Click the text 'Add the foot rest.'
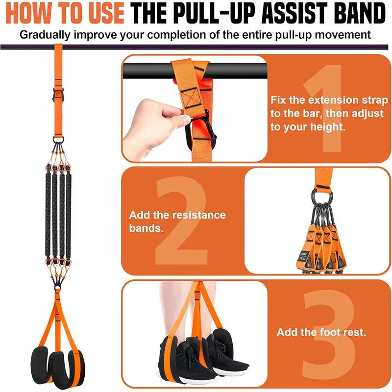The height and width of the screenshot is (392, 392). pos(321,332)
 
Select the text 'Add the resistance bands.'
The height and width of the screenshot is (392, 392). pos(177,221)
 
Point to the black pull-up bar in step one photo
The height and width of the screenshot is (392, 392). pos(147,72)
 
